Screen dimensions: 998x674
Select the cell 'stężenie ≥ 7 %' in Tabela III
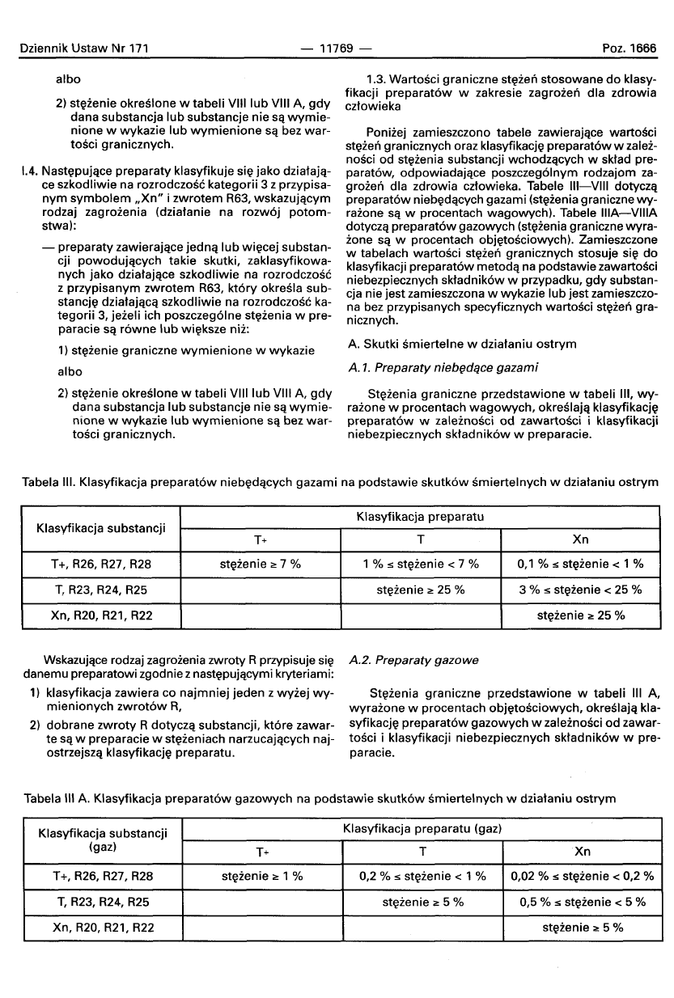[x=261, y=564]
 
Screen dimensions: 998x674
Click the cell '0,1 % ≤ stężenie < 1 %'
[x=581, y=564]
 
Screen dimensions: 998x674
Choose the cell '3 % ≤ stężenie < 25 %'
[x=581, y=590]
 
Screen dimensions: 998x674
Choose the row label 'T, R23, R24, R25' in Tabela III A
[x=102, y=901]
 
